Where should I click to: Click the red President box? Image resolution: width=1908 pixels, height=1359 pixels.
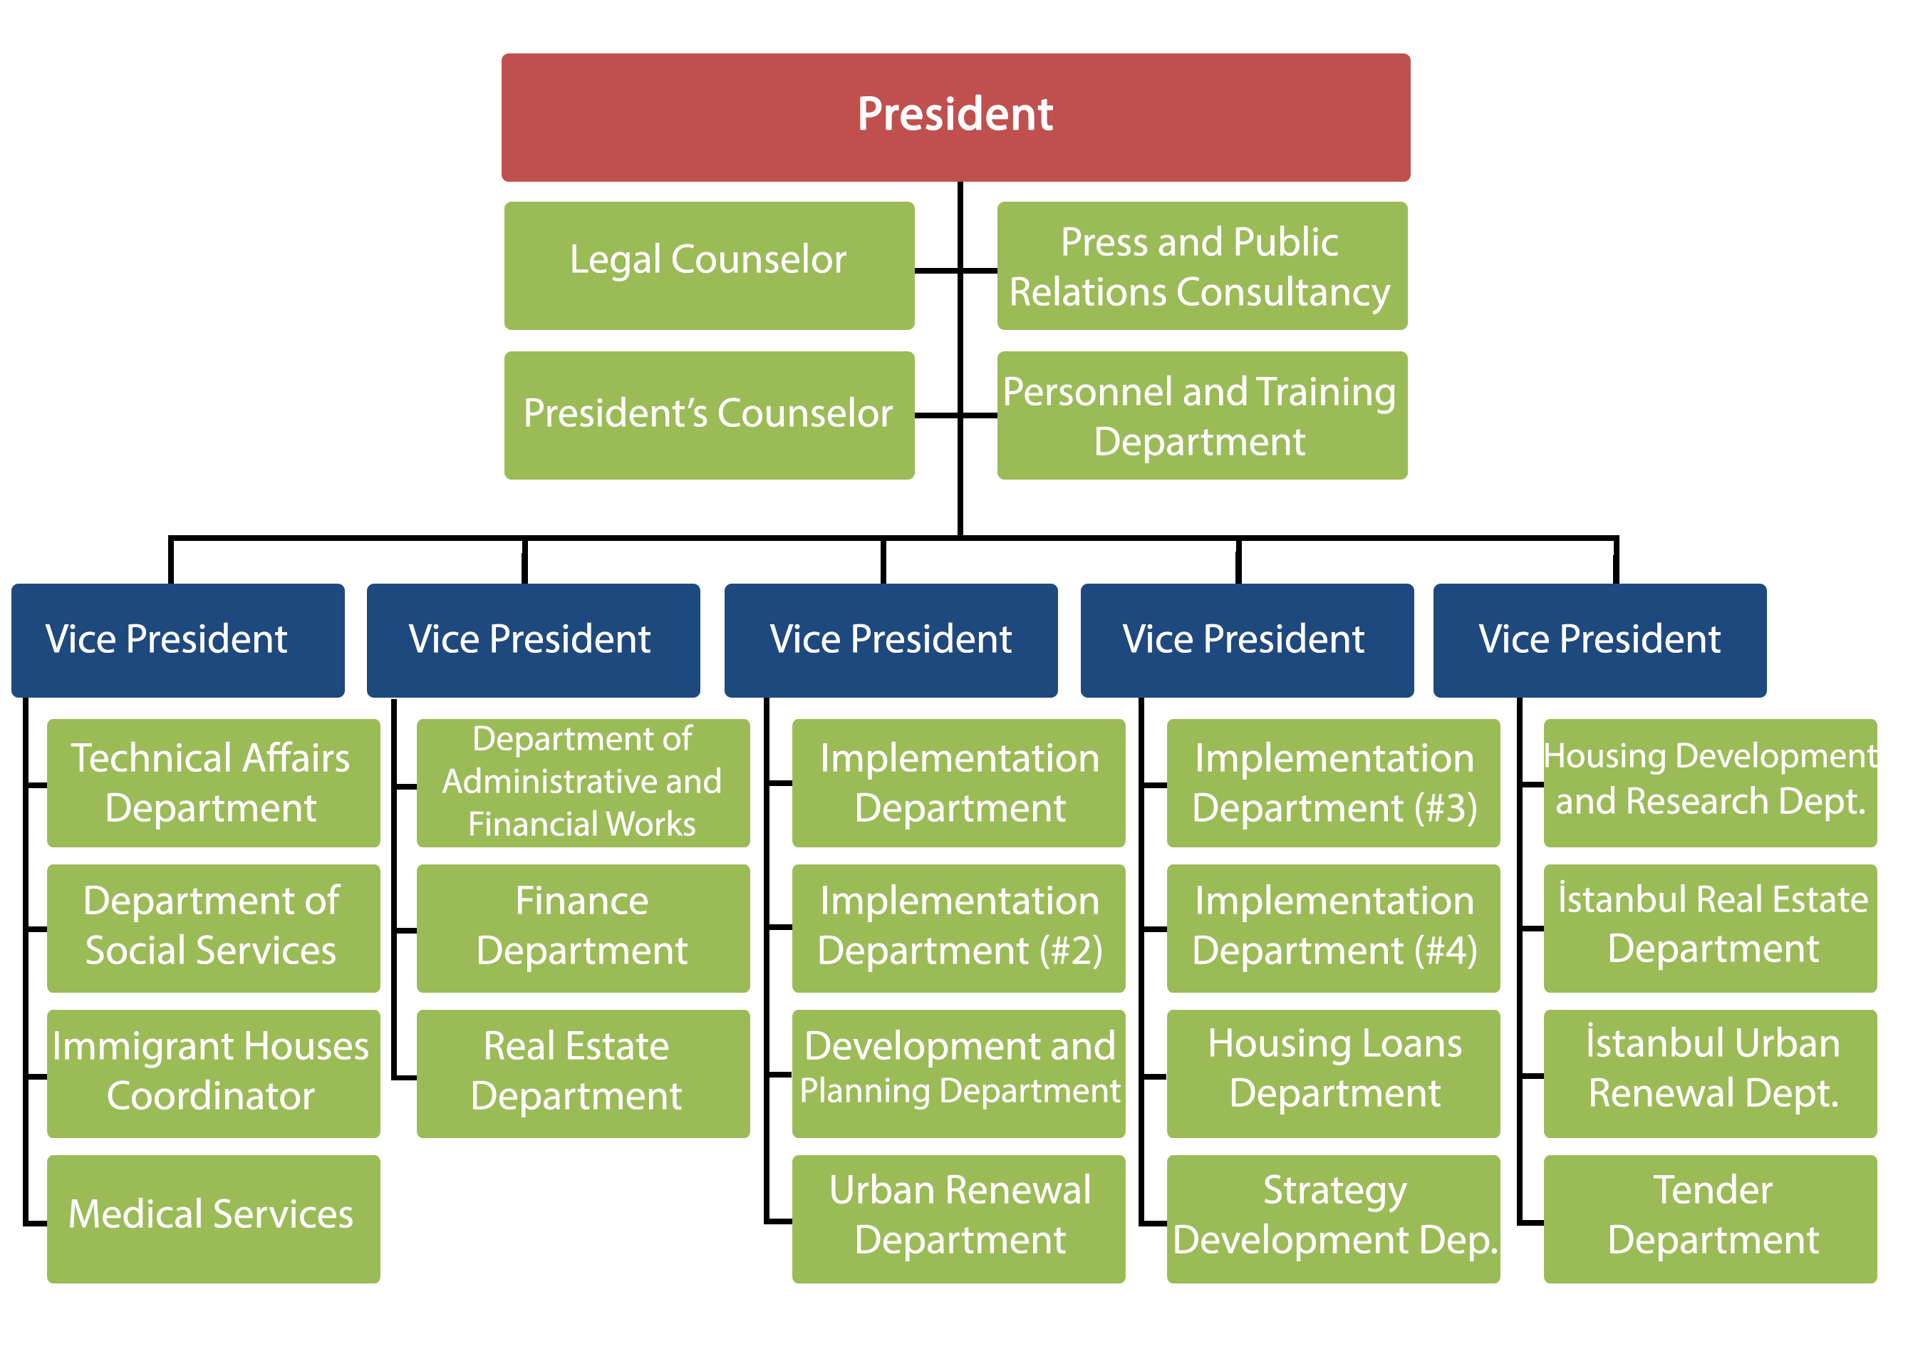pos(955,117)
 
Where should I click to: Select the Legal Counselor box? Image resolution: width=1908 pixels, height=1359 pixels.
pos(708,265)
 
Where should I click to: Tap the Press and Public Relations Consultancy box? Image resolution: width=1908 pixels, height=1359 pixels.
pos(1201,265)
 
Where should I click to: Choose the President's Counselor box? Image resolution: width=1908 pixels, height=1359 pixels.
pos(708,414)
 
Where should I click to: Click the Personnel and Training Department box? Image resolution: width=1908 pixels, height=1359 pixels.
pos(1201,414)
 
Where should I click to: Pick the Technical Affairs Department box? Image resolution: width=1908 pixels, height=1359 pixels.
pos(212,782)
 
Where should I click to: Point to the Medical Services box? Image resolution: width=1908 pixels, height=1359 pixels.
pos(212,1218)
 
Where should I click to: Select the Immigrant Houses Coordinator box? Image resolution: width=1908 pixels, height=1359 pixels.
pos(212,1073)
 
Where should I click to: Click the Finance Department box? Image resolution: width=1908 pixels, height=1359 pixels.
pos(582,927)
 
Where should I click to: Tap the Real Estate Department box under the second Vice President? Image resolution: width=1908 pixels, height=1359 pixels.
pos(582,1073)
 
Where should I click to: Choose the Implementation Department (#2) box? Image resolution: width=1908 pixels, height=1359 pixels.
pos(958,927)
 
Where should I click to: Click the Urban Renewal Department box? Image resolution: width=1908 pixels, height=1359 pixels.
pos(958,1218)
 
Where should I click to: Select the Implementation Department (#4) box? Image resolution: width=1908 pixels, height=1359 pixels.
pos(1332,927)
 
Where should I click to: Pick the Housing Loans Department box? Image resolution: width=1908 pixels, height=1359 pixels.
pos(1332,1073)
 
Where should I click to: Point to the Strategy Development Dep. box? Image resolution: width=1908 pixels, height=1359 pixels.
pos(1332,1218)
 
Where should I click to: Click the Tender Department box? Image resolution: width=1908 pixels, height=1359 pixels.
pos(1709,1218)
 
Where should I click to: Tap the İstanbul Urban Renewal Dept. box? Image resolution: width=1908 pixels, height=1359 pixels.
pos(1709,1073)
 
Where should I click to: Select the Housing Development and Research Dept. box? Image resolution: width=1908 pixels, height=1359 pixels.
pos(1709,782)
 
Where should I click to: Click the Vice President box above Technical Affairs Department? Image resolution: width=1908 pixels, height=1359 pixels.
pos(177,639)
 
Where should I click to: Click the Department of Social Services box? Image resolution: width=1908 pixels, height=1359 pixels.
pos(212,927)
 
